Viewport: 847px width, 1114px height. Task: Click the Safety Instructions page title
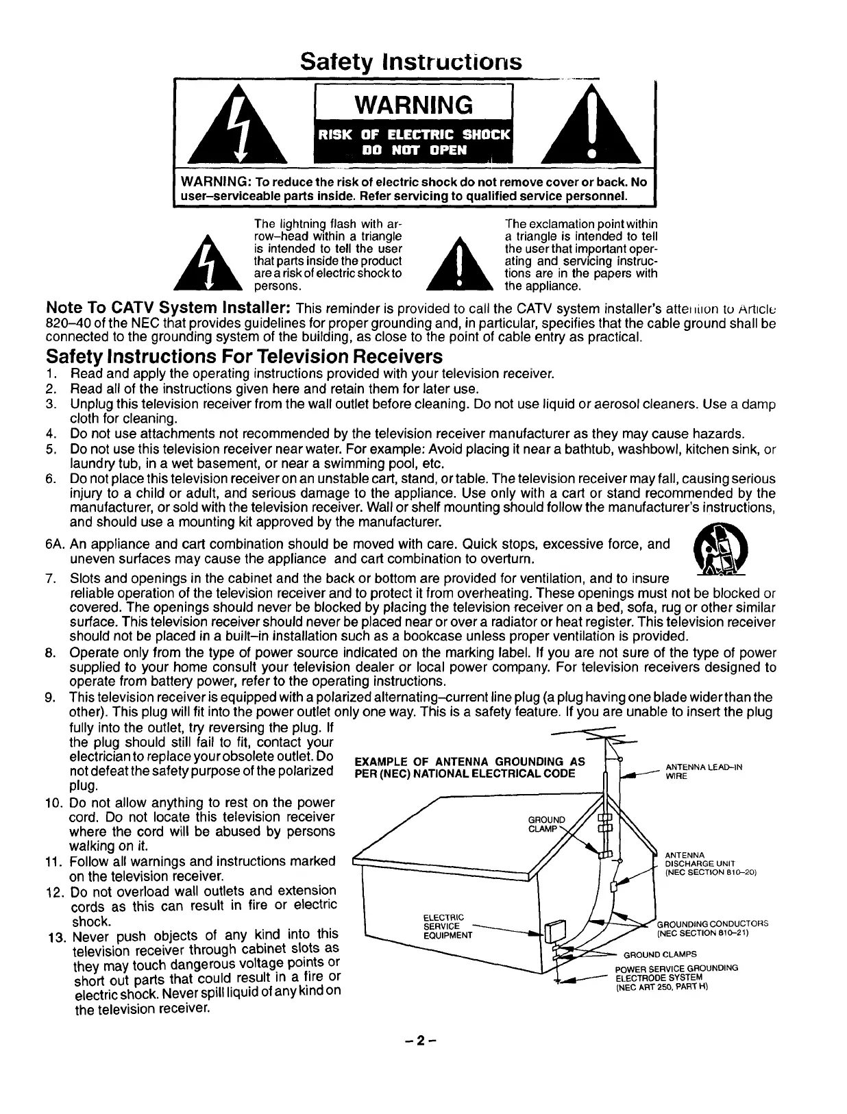point(411,62)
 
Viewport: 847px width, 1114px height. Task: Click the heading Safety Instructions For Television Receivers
point(244,357)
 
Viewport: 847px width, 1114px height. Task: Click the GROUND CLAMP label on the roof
point(547,824)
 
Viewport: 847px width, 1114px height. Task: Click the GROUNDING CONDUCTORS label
point(712,928)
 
